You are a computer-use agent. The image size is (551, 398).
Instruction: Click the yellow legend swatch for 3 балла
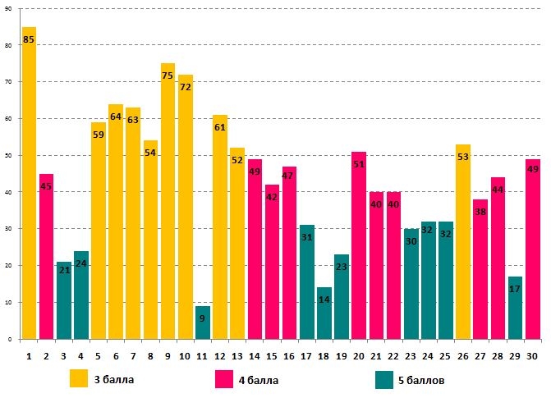tap(79, 379)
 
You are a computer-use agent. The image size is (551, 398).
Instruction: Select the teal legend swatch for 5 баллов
tap(383, 379)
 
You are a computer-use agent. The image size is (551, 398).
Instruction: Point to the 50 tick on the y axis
tap(8, 155)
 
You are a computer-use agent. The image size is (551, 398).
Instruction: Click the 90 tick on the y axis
tap(8, 8)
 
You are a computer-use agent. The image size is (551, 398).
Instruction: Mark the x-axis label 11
tap(202, 355)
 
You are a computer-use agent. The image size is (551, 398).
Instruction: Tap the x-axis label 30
tap(532, 355)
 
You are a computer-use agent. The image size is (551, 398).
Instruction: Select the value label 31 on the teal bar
tap(306, 237)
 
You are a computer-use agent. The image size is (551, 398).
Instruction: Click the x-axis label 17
tap(306, 355)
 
